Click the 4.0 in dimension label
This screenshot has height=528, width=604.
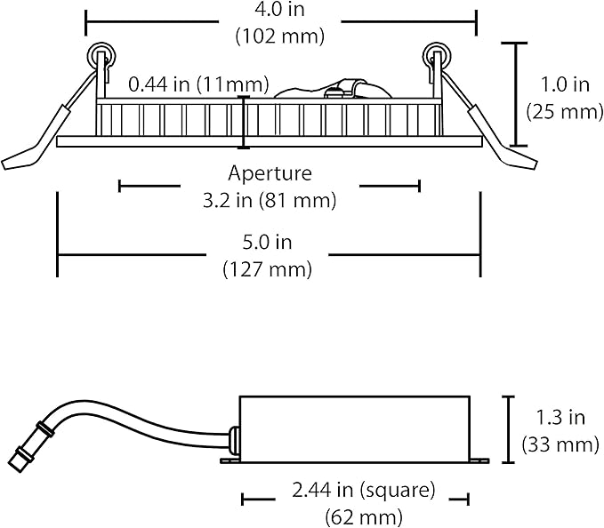[279, 10]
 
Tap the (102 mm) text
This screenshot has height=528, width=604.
[280, 36]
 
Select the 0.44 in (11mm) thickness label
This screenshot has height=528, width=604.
[198, 84]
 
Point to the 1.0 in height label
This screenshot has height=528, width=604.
[565, 84]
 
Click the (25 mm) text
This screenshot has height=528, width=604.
[565, 112]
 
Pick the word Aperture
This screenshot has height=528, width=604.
[270, 173]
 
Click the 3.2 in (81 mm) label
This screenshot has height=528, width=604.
[270, 201]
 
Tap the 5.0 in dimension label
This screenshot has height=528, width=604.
[268, 243]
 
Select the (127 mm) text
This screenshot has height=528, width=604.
[268, 269]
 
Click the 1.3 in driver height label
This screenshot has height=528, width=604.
[560, 418]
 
